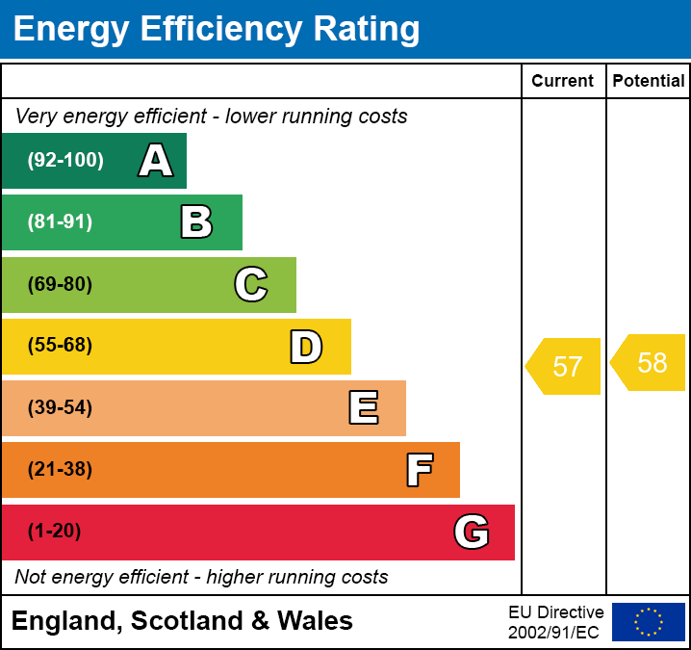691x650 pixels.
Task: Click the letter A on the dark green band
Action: pyautogui.click(x=156, y=161)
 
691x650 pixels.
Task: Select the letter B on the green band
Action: pyautogui.click(x=196, y=222)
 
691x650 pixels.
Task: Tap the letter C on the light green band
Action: pyautogui.click(x=251, y=284)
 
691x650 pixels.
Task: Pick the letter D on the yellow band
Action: pyautogui.click(x=306, y=347)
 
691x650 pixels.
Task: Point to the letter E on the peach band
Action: pyautogui.click(x=363, y=408)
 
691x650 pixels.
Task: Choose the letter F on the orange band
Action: pyautogui.click(x=419, y=470)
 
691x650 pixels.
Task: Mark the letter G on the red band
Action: pyautogui.click(x=472, y=532)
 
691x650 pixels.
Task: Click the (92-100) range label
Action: pyautogui.click(x=65, y=161)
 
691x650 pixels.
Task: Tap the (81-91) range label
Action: pyautogui.click(x=60, y=222)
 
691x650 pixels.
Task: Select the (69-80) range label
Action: pyautogui.click(x=60, y=284)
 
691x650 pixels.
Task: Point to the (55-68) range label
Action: pyautogui.click(x=60, y=346)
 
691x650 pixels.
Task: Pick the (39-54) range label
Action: pyautogui.click(x=60, y=407)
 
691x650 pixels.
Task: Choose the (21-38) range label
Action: pyautogui.click(x=60, y=470)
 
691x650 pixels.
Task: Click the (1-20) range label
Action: pyautogui.click(x=54, y=532)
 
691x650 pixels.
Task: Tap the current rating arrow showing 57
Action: pyautogui.click(x=565, y=366)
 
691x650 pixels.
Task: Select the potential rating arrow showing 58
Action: pyautogui.click(x=650, y=362)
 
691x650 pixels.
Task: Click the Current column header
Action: pyautogui.click(x=563, y=82)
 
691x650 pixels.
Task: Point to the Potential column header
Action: pyautogui.click(x=649, y=82)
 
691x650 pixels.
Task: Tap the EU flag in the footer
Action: pyautogui.click(x=649, y=622)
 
